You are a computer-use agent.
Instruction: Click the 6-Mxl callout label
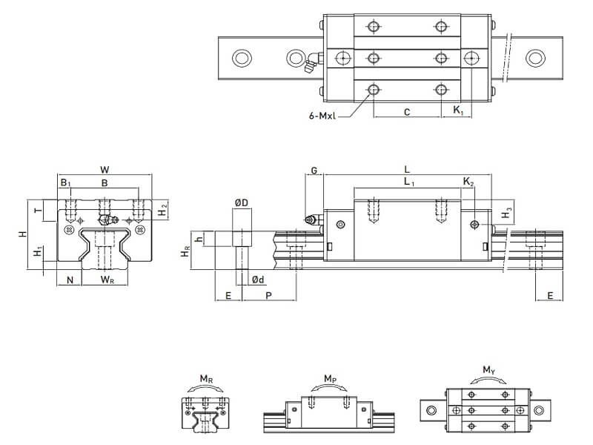[x=327, y=116]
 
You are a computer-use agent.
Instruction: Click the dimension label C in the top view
[x=407, y=112]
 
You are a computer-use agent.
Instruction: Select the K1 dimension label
[x=458, y=112]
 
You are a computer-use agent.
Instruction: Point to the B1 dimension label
[x=65, y=182]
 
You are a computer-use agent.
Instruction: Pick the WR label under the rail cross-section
[x=107, y=280]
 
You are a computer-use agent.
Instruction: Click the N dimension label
[x=70, y=280]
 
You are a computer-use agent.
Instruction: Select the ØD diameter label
[x=241, y=202]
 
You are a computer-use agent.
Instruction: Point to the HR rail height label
[x=186, y=252]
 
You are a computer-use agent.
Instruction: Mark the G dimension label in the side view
[x=314, y=171]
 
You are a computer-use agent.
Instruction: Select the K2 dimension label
[x=468, y=182]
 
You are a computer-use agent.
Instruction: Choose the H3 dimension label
[x=506, y=214]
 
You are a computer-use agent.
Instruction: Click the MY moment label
[x=488, y=369]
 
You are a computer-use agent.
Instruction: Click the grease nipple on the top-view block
[x=310, y=64]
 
